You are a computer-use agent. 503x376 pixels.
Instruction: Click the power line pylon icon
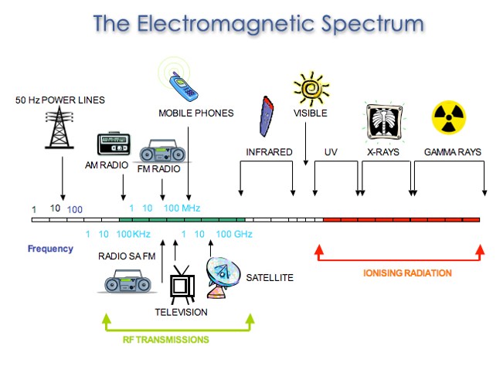tap(59, 127)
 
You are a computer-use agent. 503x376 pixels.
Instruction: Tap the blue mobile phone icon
tap(183, 86)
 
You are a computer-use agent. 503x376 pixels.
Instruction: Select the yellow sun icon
tap(311, 89)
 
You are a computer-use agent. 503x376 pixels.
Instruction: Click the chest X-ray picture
tap(385, 122)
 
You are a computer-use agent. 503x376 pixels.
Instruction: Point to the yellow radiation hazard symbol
tap(449, 117)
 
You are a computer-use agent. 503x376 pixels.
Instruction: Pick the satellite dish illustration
tap(223, 278)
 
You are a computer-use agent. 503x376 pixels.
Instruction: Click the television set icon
tap(182, 285)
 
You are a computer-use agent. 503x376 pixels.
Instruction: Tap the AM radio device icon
tap(114, 144)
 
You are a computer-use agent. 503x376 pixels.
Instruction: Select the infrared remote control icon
tap(267, 117)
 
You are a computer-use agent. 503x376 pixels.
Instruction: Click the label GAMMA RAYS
tap(453, 152)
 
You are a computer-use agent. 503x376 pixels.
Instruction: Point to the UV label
tap(331, 152)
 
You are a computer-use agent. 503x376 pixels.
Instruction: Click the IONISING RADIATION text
tap(407, 273)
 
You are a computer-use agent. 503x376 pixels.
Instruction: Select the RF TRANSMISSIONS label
tap(166, 340)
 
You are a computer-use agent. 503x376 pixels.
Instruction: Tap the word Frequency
tap(50, 249)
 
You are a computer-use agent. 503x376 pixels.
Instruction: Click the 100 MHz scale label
tap(182, 208)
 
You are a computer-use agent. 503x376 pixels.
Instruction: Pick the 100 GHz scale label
tap(234, 234)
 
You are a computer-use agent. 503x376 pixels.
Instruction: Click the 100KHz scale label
tap(133, 234)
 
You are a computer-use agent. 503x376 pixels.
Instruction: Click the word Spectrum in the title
tap(372, 24)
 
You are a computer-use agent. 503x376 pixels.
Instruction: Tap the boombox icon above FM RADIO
tap(162, 151)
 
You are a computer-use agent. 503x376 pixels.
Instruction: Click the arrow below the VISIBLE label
tap(306, 144)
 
